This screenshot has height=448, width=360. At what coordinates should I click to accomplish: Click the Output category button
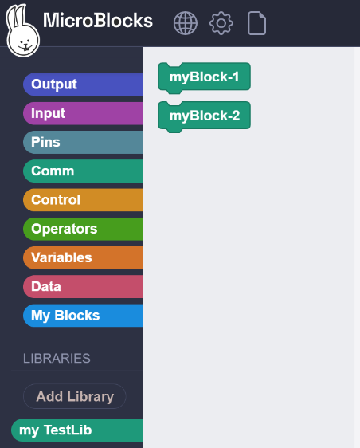tap(83, 84)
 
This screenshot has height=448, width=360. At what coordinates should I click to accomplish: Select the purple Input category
tap(83, 113)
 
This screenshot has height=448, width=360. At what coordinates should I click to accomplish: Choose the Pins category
tap(83, 142)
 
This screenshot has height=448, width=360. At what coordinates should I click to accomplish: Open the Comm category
tap(83, 171)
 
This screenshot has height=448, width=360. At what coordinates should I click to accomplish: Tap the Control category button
tap(83, 200)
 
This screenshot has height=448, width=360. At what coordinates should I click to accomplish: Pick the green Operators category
tap(83, 229)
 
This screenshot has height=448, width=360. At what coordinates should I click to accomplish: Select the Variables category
tap(83, 257)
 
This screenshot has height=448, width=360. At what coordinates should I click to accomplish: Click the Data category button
tap(83, 286)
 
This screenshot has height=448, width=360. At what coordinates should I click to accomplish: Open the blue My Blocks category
tap(83, 316)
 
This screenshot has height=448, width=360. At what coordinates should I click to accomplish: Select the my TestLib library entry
tap(76, 430)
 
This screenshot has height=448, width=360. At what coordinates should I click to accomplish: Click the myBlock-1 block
tap(205, 77)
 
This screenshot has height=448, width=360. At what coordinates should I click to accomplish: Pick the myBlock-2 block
tap(205, 116)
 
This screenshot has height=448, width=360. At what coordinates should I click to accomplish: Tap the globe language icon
tap(186, 23)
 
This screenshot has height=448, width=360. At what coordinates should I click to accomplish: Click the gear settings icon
tap(221, 23)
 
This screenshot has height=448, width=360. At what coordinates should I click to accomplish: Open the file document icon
tap(257, 23)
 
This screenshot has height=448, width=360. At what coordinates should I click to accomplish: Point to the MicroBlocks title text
tap(98, 20)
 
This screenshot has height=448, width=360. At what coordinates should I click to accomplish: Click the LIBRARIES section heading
tap(57, 358)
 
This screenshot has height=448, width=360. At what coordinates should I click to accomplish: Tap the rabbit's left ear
tap(12, 18)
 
